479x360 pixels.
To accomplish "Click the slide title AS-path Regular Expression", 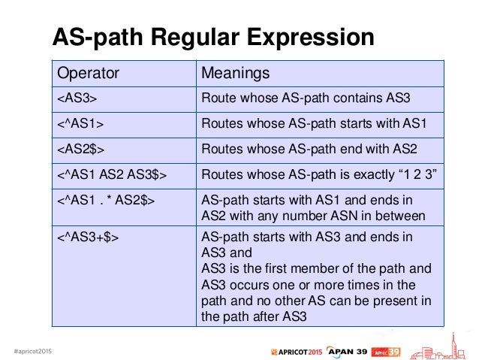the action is click(212, 38).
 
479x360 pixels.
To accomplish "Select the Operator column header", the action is click(87, 74).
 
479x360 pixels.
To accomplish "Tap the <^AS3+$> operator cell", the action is click(88, 238).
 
